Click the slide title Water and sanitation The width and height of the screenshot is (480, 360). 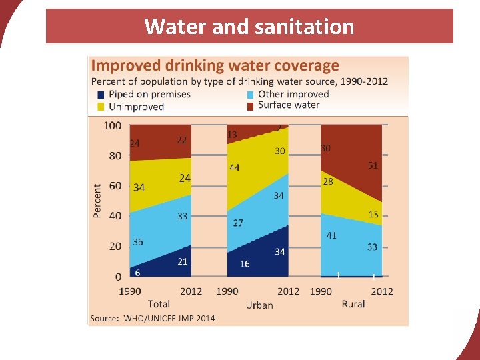coord(249,27)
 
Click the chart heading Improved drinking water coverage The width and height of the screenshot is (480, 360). coord(215,65)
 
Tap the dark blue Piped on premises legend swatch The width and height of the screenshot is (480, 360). coord(101,95)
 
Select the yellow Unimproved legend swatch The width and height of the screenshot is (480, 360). coord(101,107)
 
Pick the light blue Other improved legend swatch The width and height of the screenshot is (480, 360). coord(251,95)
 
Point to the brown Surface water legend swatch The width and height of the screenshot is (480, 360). coord(251,106)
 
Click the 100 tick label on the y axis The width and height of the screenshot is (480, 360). coord(113,125)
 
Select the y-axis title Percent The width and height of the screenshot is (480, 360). coord(97,201)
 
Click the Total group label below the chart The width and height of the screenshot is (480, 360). coord(159,304)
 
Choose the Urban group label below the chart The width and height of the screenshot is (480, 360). coord(259,305)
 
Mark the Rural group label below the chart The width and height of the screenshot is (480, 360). coord(353,304)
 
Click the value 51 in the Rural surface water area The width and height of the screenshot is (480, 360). coord(373,165)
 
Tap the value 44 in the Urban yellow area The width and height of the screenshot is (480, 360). coord(235,167)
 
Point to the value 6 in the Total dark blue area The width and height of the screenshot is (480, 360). coord(137,272)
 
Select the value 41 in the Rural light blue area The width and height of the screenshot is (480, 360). coord(332,235)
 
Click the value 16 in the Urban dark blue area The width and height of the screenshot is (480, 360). coord(245,264)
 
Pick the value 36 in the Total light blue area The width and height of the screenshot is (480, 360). coord(137,242)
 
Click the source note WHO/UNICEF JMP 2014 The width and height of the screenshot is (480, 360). coord(153,318)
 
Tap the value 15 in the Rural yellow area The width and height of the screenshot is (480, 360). coord(373,215)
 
